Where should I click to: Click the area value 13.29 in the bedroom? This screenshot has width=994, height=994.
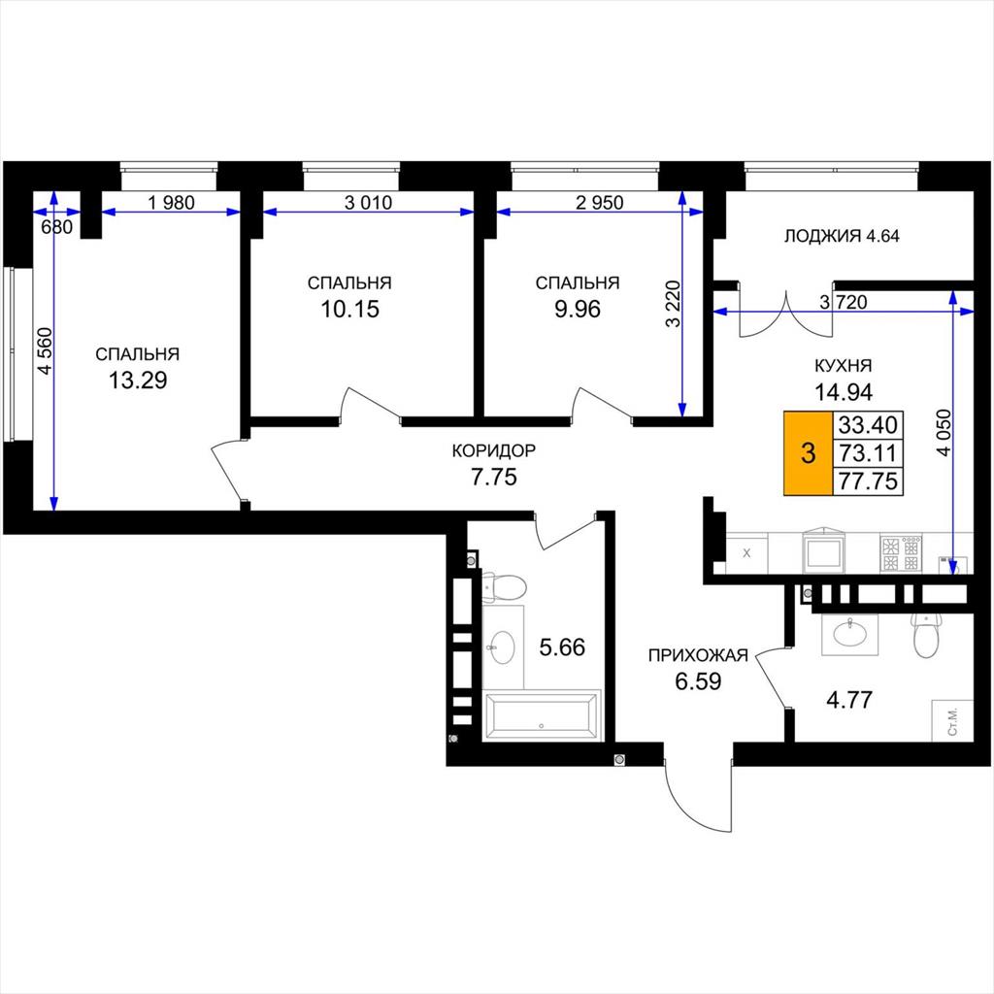pyautogui.click(x=138, y=381)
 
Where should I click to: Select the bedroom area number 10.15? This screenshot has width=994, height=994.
pyautogui.click(x=349, y=310)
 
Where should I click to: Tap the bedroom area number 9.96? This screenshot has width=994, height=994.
pyautogui.click(x=578, y=310)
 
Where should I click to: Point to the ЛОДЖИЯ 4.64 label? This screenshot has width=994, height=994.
pyautogui.click(x=842, y=236)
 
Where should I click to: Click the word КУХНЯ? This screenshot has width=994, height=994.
pyautogui.click(x=844, y=366)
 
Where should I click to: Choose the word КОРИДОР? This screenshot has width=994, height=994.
pyautogui.click(x=494, y=450)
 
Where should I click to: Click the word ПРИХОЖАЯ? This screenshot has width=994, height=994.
pyautogui.click(x=698, y=655)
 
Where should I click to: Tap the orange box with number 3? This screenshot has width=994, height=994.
pyautogui.click(x=809, y=453)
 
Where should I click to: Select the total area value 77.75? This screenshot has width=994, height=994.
pyautogui.click(x=868, y=481)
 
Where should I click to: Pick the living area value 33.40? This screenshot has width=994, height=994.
pyautogui.click(x=868, y=423)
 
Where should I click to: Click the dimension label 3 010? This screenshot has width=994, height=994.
pyautogui.click(x=368, y=203)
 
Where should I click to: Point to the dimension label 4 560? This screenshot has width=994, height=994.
pyautogui.click(x=45, y=350)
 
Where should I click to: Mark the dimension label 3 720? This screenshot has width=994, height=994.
pyautogui.click(x=844, y=303)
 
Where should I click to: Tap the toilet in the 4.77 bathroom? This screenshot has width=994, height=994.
pyautogui.click(x=926, y=635)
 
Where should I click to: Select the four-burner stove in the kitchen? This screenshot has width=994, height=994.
pyautogui.click(x=901, y=553)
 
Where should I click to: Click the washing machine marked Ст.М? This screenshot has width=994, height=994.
pyautogui.click(x=952, y=720)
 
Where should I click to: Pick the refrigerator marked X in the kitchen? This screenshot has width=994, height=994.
pyautogui.click(x=746, y=552)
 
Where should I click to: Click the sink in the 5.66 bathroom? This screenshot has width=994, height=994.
pyautogui.click(x=504, y=647)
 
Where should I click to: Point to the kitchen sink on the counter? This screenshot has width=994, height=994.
pyautogui.click(x=824, y=551)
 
